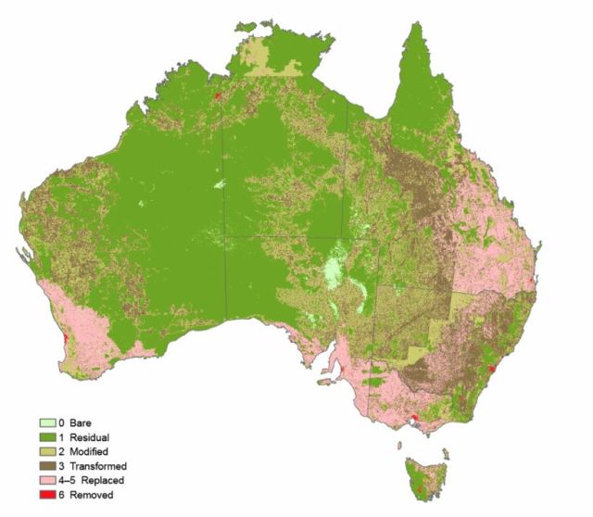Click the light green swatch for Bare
pyautogui.click(x=43, y=422)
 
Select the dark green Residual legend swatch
pyautogui.click(x=43, y=437)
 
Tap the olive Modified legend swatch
pyautogui.click(x=43, y=451)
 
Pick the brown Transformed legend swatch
pyautogui.click(x=43, y=466)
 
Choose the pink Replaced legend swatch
pyautogui.click(x=43, y=481)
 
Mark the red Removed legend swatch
pyautogui.click(x=43, y=495)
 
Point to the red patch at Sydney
pyautogui.click(x=493, y=368)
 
